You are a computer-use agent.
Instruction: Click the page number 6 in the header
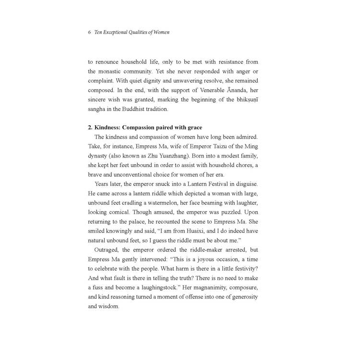pos(90,33)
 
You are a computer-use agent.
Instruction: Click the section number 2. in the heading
pos(90,128)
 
